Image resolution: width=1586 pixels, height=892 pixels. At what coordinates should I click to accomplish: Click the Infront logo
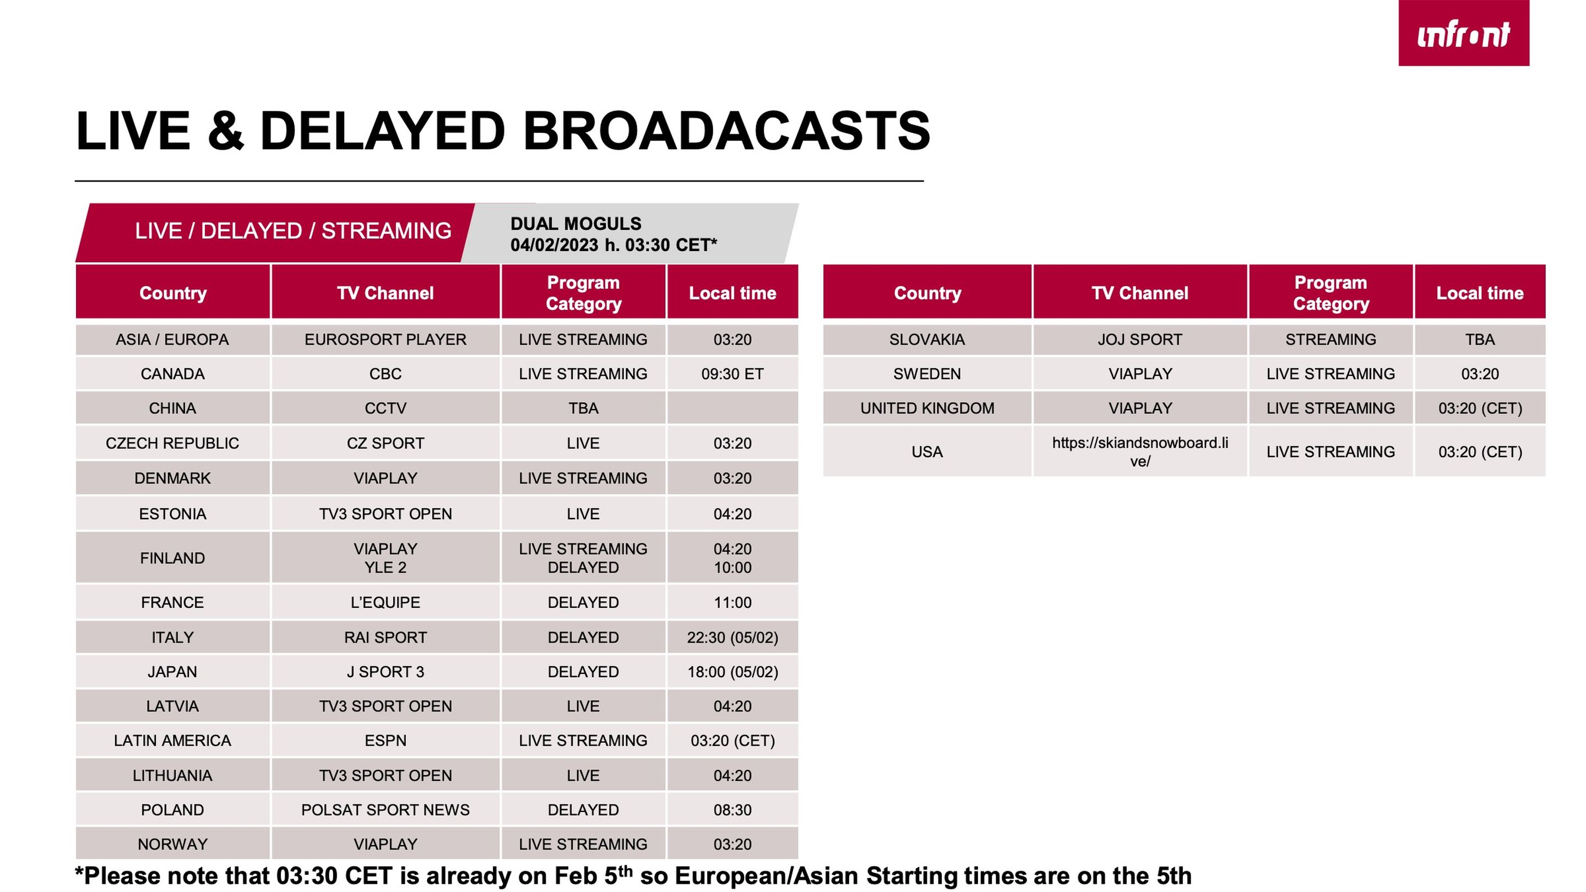click(1464, 32)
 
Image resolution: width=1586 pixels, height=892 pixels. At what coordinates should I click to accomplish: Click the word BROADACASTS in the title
click(726, 130)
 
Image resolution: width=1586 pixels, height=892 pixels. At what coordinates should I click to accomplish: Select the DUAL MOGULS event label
click(575, 224)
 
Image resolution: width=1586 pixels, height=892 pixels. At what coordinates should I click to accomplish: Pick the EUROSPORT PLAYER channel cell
click(385, 339)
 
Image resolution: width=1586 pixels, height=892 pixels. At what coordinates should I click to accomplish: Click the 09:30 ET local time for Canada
click(732, 374)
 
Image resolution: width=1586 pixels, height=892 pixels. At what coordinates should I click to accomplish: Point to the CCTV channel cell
click(385, 408)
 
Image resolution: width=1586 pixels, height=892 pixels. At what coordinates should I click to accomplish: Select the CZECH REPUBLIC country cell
click(172, 443)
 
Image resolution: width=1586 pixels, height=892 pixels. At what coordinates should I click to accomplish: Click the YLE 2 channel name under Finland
click(385, 568)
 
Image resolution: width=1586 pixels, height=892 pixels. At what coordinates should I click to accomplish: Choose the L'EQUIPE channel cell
click(385, 602)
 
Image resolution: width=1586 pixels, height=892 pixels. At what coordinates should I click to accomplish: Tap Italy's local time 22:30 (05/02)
click(732, 637)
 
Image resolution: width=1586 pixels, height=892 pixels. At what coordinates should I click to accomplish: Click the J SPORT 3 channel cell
click(385, 672)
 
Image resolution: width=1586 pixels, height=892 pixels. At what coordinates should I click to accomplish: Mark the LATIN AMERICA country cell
click(172, 741)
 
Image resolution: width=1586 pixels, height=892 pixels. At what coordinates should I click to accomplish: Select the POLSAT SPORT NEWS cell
click(385, 809)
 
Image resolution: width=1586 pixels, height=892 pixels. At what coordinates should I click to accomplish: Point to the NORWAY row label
click(172, 844)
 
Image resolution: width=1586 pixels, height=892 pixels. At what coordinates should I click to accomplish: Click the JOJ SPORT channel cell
click(1139, 339)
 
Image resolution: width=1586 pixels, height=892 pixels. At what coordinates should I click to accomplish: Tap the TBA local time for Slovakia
click(1480, 339)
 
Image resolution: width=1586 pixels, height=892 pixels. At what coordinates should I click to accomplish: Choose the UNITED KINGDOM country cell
click(927, 408)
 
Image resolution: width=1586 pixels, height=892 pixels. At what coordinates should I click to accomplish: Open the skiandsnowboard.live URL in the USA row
click(1139, 452)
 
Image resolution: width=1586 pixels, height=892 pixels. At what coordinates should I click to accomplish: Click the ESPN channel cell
click(385, 741)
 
